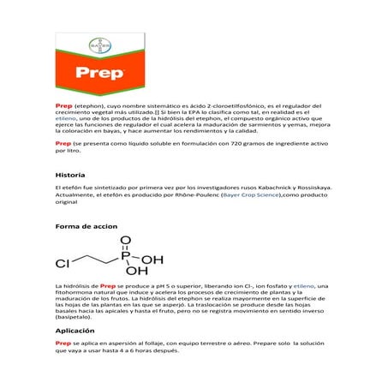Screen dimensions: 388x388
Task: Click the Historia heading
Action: pyautogui.click(x=69, y=174)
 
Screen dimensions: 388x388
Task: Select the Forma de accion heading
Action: pyautogui.click(x=86, y=227)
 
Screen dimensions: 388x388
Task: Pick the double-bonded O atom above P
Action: pyautogui.click(x=126, y=241)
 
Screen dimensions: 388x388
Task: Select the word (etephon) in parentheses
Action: pyautogui.click(x=88, y=104)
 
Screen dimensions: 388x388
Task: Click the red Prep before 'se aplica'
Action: pyautogui.click(x=63, y=343)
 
